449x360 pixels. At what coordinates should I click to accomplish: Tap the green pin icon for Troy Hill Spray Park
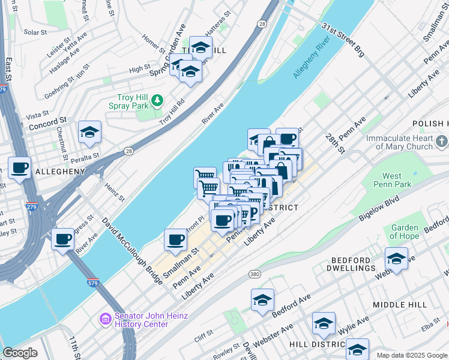click(x=157, y=100)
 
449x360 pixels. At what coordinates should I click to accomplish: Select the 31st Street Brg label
click(x=343, y=41)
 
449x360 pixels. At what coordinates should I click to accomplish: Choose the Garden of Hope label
click(x=404, y=232)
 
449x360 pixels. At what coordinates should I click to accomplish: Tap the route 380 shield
click(x=255, y=274)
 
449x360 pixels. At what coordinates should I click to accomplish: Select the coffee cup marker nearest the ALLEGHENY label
click(x=19, y=168)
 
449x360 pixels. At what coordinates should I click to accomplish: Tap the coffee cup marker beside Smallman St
click(x=176, y=239)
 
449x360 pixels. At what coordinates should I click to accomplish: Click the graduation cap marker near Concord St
click(x=89, y=133)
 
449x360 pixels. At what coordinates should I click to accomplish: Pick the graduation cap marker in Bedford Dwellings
click(x=396, y=259)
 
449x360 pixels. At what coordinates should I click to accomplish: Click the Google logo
click(x=20, y=353)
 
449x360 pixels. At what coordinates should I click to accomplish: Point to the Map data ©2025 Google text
click(x=411, y=355)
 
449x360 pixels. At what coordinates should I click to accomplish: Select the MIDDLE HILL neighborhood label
click(x=399, y=305)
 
